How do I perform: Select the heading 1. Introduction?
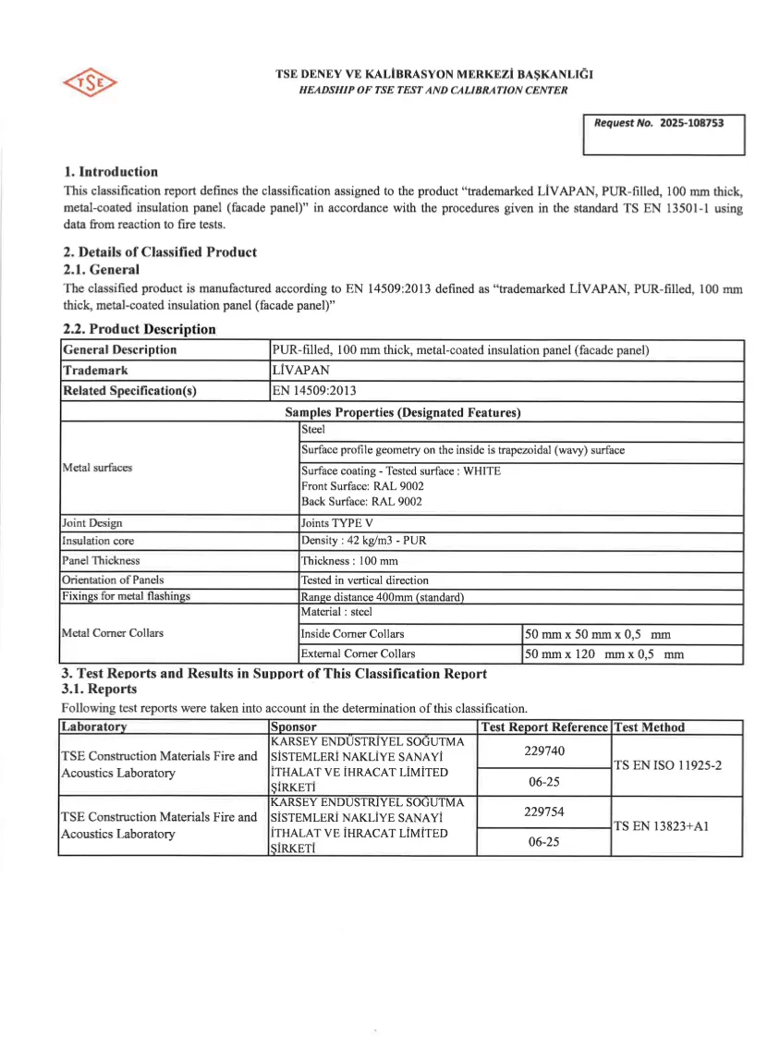click(111, 172)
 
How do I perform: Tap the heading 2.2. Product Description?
click(140, 329)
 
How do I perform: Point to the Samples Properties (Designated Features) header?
click(402, 412)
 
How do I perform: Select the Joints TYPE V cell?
click(337, 523)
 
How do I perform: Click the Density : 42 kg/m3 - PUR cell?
click(363, 541)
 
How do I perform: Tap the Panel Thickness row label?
click(101, 561)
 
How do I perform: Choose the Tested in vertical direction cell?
click(365, 580)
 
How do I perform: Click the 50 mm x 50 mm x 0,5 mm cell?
click(597, 635)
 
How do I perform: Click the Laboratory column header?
click(94, 727)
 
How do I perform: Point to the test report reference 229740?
click(544, 751)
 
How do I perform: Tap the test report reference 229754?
click(544, 812)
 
